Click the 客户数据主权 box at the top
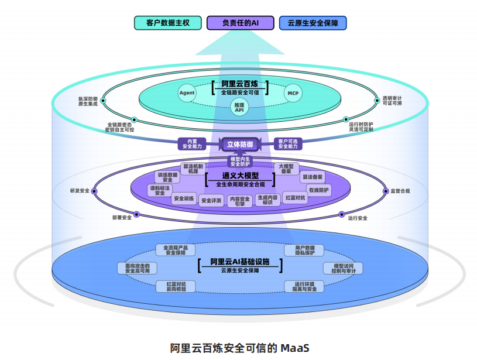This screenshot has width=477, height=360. pyautogui.click(x=167, y=23)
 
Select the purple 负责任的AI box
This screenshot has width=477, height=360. pyautogui.click(x=241, y=23)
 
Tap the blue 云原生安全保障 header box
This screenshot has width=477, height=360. pyautogui.click(x=313, y=23)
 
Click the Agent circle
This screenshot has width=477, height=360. pyautogui.click(x=187, y=93)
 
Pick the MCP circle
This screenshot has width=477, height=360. pyautogui.click(x=293, y=93)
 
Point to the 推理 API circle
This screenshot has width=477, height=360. pyautogui.click(x=239, y=108)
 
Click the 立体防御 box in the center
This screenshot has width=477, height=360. pyautogui.click(x=240, y=144)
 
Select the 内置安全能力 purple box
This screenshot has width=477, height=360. pyautogui.click(x=192, y=144)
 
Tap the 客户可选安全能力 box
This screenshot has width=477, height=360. pyautogui.click(x=288, y=144)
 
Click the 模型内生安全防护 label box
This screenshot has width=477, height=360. pyautogui.click(x=240, y=162)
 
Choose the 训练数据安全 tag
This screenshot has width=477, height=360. pyautogui.click(x=167, y=177)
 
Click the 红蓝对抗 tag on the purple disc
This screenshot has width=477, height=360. pyautogui.click(x=295, y=198)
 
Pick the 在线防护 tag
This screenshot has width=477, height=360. pyautogui.click(x=318, y=190)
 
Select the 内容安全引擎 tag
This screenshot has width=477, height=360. pyautogui.click(x=240, y=201)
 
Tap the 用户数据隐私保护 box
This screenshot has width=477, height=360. pyautogui.click(x=304, y=250)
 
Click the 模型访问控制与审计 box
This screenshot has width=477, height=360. pyautogui.click(x=343, y=268)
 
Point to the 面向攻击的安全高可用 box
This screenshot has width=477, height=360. pyautogui.click(x=138, y=268)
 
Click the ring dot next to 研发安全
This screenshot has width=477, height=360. pyautogui.click(x=94, y=191)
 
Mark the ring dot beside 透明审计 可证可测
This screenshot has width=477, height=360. pyautogui.click(x=377, y=101)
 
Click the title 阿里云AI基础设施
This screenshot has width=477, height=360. pyautogui.click(x=240, y=262)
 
